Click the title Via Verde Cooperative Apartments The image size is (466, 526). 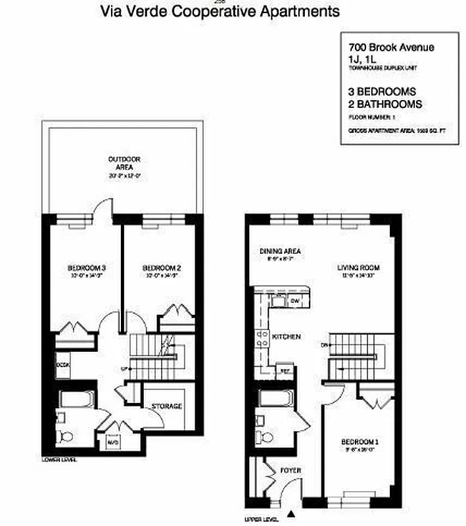click(220, 11)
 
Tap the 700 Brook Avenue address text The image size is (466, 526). click(391, 47)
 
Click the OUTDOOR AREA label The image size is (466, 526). click(125, 163)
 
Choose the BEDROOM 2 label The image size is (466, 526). click(162, 268)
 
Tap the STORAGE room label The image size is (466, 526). click(166, 406)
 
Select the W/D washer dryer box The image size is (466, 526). click(111, 442)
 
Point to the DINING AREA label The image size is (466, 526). click(280, 251)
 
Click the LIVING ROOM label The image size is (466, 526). click(359, 268)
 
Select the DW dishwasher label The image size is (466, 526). click(295, 301)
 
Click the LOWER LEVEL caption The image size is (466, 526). click(59, 460)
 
